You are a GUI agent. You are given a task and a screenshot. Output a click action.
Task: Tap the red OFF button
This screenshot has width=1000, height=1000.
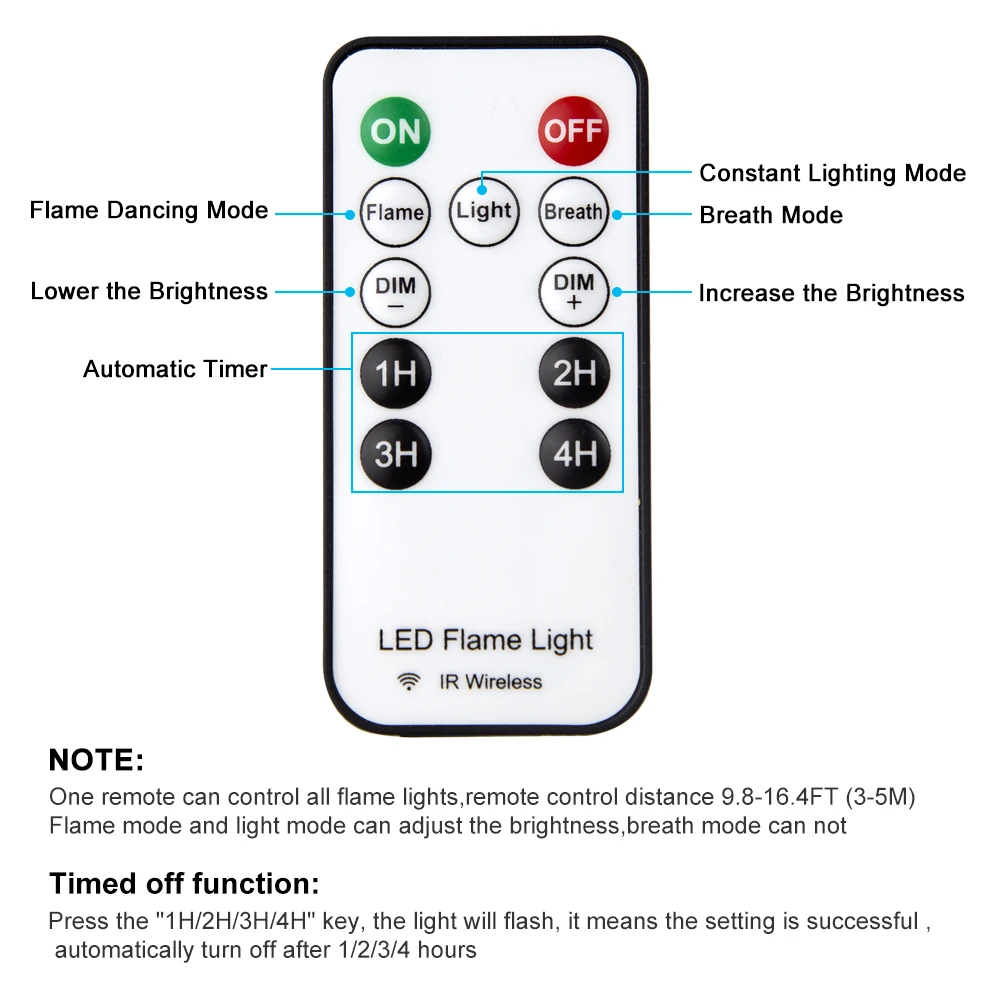[x=573, y=130]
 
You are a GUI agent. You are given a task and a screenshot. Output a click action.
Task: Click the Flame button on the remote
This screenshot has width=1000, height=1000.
[x=395, y=212]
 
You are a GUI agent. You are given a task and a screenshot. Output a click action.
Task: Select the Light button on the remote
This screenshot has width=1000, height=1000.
[x=484, y=211]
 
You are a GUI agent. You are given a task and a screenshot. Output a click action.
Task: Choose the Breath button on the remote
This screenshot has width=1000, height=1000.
[x=573, y=212]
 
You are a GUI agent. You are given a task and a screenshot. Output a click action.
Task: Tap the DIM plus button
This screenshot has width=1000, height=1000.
[x=573, y=291]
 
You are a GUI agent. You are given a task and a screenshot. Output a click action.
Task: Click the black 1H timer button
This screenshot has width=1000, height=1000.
[x=395, y=373]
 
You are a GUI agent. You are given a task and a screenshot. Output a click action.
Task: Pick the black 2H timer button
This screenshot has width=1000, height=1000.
[x=573, y=373]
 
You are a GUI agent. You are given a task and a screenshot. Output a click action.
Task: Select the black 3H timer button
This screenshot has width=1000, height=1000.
[x=395, y=454]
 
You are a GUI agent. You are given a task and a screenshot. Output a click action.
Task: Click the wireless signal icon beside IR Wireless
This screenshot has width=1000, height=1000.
[x=408, y=682]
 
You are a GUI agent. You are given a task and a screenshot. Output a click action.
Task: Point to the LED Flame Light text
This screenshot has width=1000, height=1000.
[x=485, y=640]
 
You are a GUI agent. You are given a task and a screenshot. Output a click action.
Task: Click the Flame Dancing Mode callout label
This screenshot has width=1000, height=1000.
[x=149, y=211]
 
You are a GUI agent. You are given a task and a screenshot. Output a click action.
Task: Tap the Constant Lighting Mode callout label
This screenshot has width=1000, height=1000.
[x=832, y=173]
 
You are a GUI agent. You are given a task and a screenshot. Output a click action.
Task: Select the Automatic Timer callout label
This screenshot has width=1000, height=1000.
[x=175, y=369]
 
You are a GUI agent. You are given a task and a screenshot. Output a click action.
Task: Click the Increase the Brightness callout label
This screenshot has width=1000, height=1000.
[x=831, y=293]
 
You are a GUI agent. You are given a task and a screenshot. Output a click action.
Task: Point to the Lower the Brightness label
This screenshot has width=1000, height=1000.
[x=149, y=291]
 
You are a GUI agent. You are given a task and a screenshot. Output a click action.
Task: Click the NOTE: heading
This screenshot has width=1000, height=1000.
[x=96, y=760]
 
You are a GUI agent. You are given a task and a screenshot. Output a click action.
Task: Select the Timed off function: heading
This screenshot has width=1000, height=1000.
[x=185, y=884]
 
